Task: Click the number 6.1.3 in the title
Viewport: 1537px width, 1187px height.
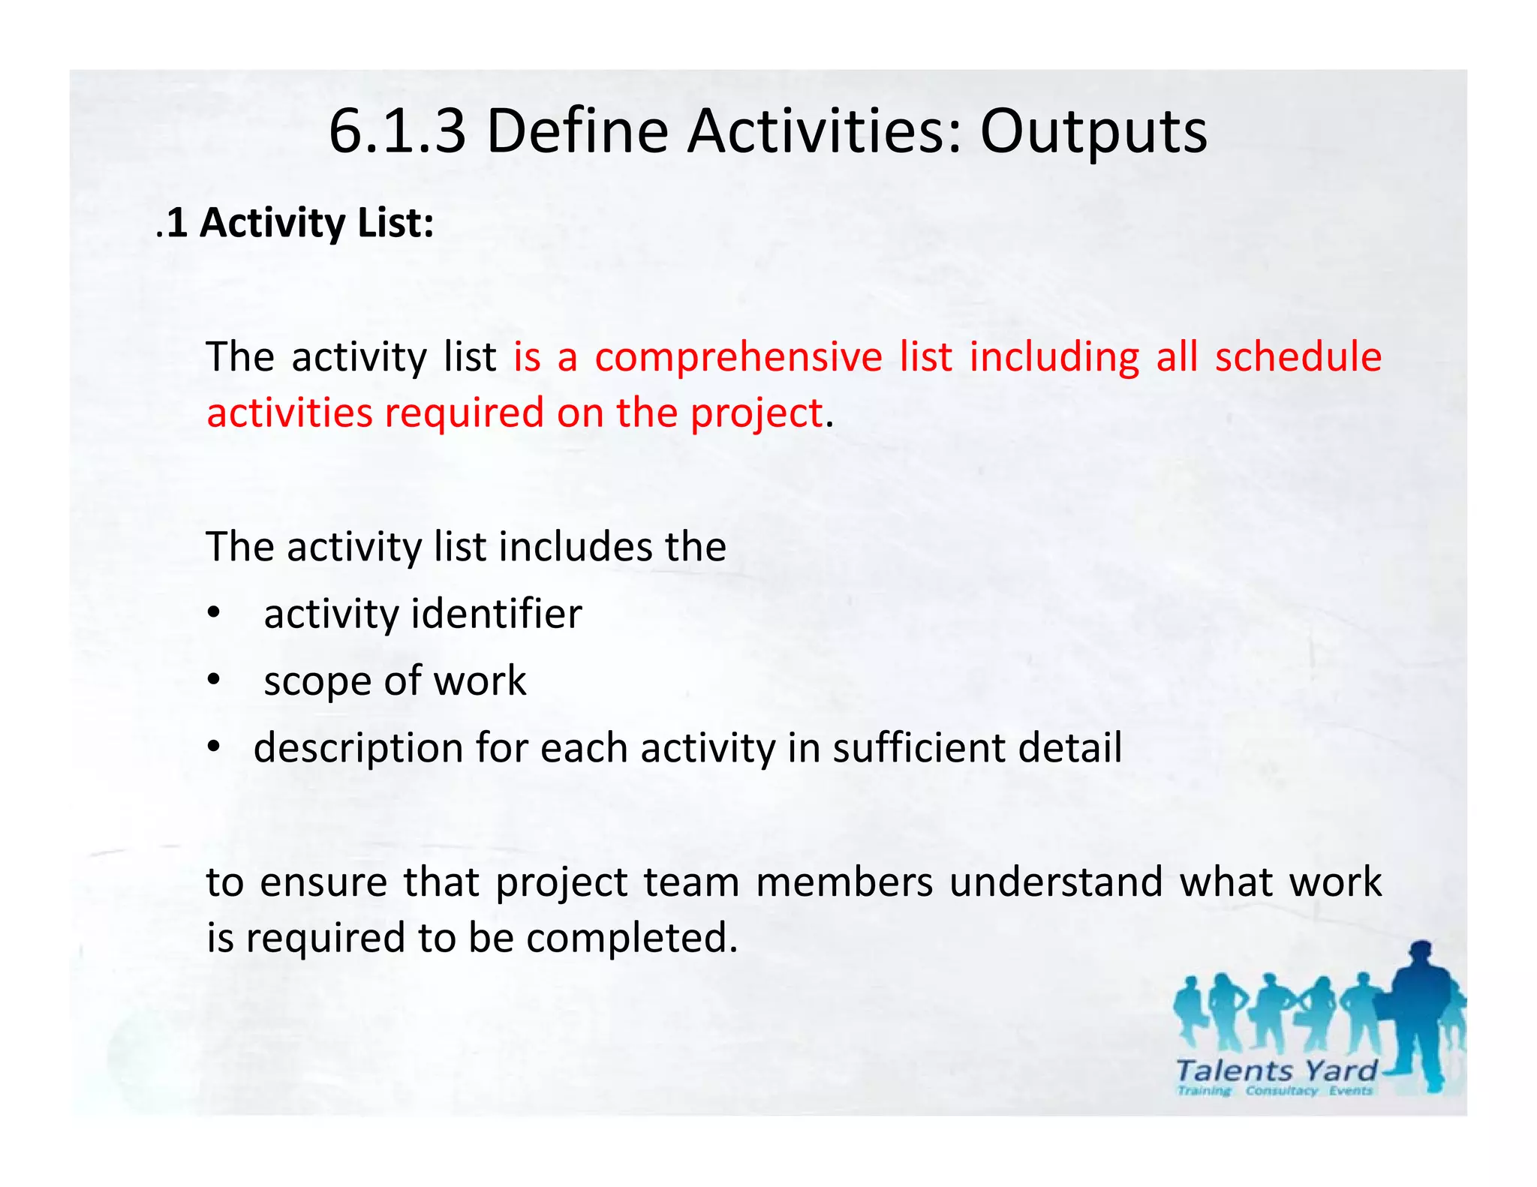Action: [x=397, y=131]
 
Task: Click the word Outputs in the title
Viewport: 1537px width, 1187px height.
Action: [x=1093, y=131]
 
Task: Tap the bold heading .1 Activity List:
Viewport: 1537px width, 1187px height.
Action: [x=296, y=223]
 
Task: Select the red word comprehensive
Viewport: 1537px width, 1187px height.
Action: [x=738, y=357]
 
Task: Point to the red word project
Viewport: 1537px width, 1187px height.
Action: [x=756, y=414]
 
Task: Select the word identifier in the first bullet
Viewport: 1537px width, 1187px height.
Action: [x=497, y=614]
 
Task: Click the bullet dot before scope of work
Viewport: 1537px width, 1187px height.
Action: [x=215, y=680]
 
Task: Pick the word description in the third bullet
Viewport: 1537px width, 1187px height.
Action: [x=358, y=749]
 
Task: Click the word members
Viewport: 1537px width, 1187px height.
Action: [x=844, y=882]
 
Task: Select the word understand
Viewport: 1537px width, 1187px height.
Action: [x=1056, y=882]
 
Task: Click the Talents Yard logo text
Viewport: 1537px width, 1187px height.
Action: [x=1276, y=1071]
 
